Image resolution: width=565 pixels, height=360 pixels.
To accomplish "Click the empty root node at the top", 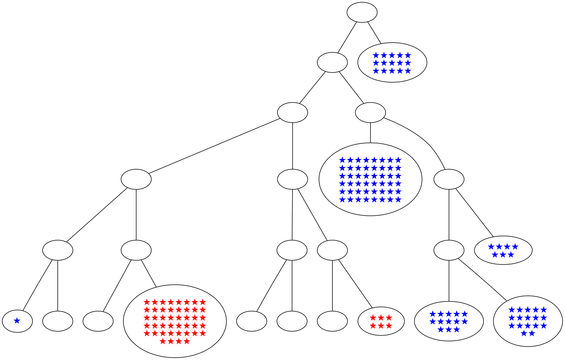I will point(362,12).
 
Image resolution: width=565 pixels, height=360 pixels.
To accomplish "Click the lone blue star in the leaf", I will point(17,321).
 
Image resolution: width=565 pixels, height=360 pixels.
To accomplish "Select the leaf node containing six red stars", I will point(381,321).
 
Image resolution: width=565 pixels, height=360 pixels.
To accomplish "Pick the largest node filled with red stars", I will point(174,321).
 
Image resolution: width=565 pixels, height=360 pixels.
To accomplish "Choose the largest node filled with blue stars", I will point(370,180).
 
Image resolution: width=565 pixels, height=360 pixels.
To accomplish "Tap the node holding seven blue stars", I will point(503,250).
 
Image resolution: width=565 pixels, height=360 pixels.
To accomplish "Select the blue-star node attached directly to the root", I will point(392,62).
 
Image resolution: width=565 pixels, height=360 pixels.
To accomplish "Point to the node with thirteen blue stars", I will point(449,321).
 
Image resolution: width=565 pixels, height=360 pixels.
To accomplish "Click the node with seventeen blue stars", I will point(527,321).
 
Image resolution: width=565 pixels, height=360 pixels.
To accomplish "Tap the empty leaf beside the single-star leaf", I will point(58,321).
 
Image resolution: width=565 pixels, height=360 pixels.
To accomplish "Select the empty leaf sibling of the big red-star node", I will point(98,321).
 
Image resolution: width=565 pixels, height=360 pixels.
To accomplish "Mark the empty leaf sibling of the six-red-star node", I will point(332,321).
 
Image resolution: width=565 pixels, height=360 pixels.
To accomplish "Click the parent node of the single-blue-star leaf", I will point(58,250).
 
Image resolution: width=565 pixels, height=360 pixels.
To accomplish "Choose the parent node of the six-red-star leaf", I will point(332,250).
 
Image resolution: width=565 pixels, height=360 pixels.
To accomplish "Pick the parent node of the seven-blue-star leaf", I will point(449,180).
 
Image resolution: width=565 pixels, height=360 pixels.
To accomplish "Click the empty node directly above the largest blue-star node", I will point(370,112).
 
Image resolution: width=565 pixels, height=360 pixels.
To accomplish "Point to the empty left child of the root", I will point(332,62).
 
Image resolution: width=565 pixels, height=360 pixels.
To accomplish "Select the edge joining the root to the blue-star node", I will point(374,32).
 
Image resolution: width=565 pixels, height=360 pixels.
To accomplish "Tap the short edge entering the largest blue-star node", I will point(370,133).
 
